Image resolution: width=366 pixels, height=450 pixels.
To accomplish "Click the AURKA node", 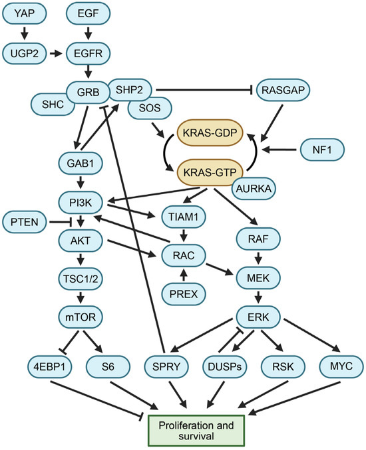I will [254, 190].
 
